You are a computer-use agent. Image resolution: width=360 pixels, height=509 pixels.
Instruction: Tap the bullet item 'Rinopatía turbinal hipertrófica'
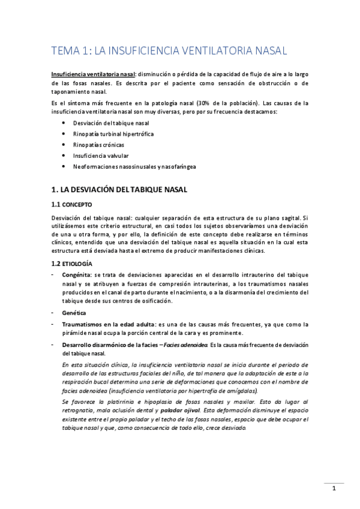point(110,134)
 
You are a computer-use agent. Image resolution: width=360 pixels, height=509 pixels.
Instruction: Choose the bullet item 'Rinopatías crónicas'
point(95,145)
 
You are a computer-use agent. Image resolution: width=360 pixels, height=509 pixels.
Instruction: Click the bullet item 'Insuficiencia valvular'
point(98,155)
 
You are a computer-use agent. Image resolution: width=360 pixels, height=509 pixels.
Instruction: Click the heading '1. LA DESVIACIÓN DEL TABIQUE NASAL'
point(119,190)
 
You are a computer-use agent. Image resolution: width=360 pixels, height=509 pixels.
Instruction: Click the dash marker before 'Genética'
point(53,313)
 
